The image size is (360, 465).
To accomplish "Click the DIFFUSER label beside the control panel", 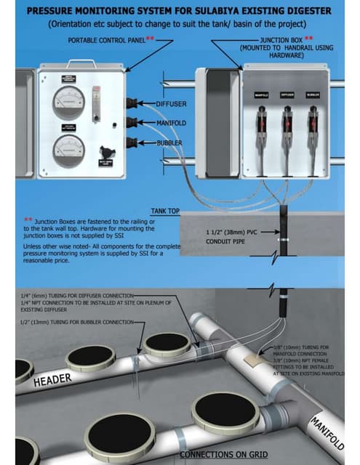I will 172,104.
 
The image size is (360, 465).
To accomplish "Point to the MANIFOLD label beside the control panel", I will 172,123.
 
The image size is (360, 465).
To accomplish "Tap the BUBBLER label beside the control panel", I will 169,143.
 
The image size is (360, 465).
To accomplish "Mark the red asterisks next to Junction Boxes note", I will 28,219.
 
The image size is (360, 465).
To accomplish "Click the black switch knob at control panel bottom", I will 108,153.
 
